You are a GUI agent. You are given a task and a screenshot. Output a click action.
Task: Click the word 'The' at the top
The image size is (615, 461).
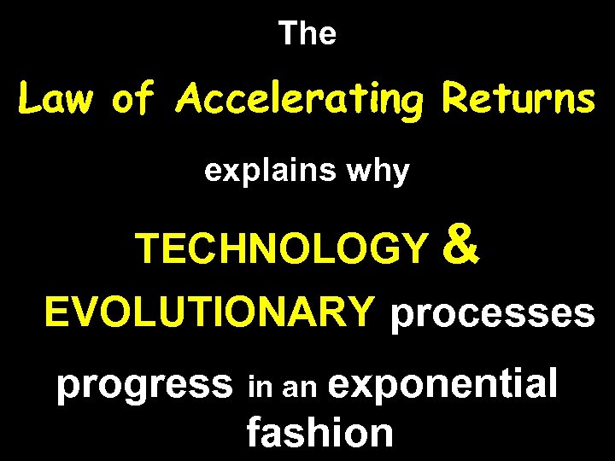(307, 34)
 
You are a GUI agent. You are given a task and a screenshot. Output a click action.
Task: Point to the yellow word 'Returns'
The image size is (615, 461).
(518, 101)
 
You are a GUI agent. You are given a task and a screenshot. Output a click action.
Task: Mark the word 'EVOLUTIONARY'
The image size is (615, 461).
(210, 312)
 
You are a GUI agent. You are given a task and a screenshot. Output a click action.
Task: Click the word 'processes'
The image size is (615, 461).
(492, 314)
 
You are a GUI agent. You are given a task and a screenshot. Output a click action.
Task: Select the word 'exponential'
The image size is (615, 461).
(442, 384)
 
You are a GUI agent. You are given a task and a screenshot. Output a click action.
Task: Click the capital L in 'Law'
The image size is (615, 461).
(30, 101)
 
